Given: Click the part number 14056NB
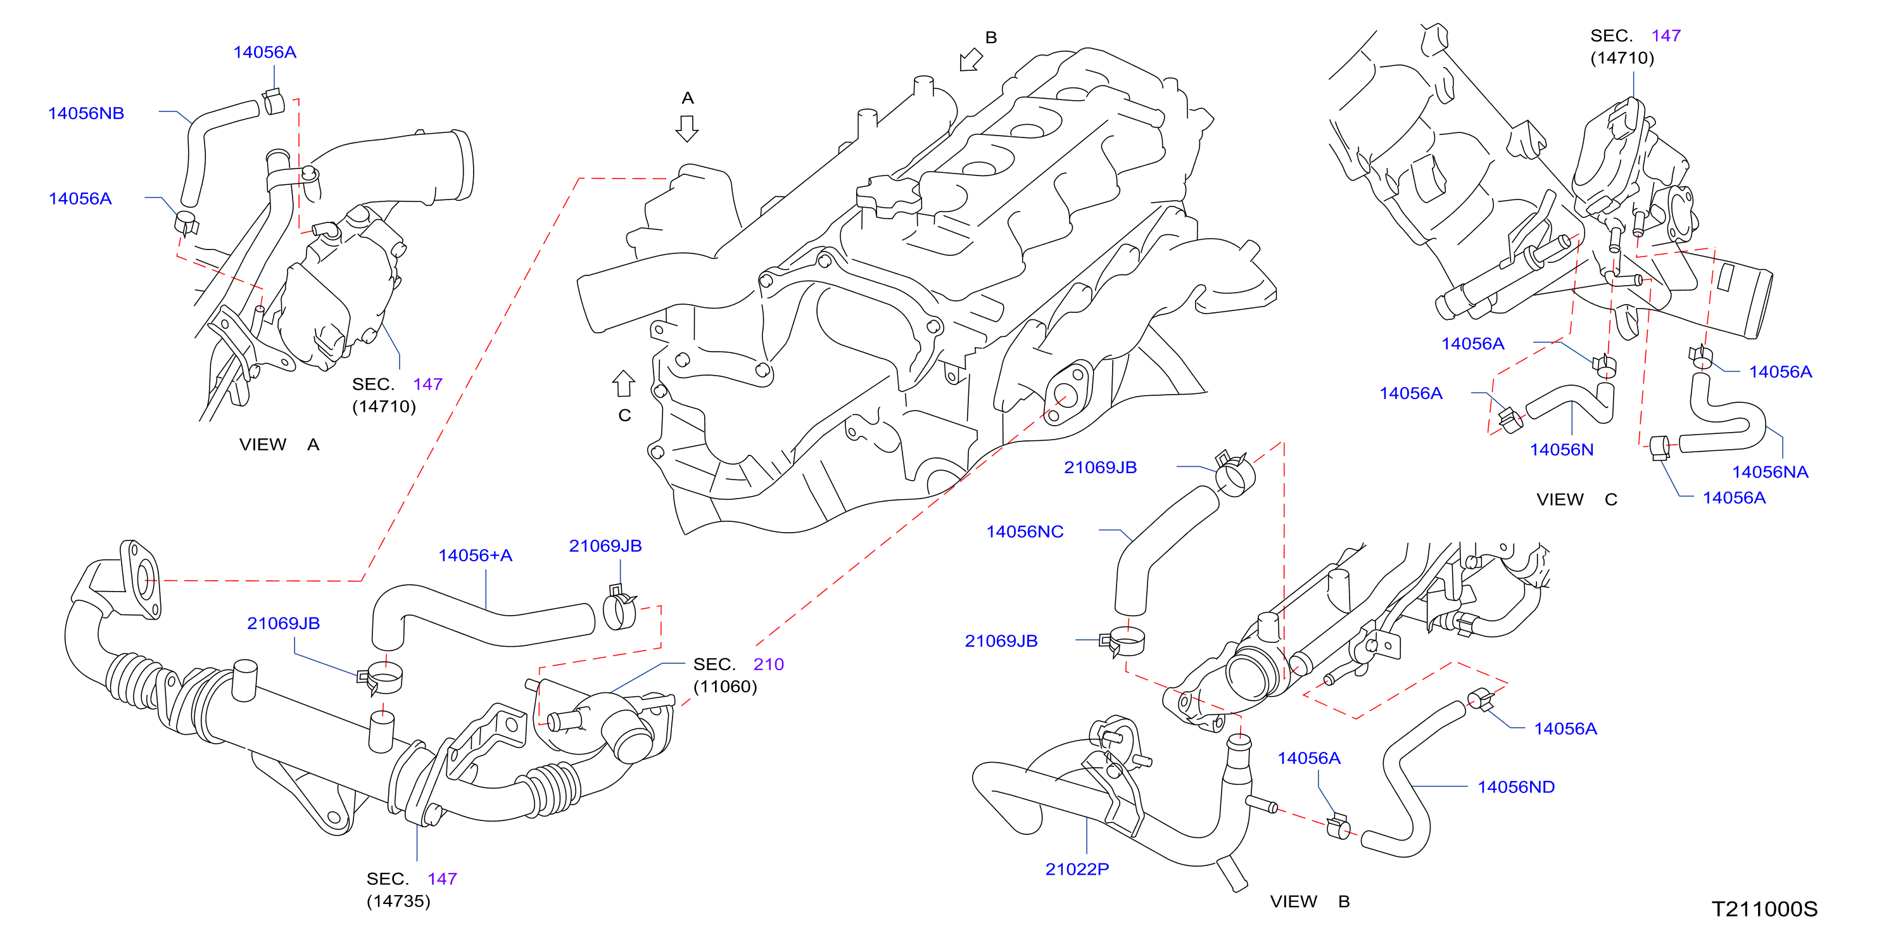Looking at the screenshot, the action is [x=86, y=113].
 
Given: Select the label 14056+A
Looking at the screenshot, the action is [x=475, y=555].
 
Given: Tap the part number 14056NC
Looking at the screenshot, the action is [x=1025, y=531].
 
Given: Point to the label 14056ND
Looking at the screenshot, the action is [x=1516, y=787].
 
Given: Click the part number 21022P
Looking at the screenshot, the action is [x=1077, y=870].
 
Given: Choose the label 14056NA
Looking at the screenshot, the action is [x=1770, y=472].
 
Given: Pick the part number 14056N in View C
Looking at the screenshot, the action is [x=1562, y=450].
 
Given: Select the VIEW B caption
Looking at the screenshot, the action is [x=1310, y=901].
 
